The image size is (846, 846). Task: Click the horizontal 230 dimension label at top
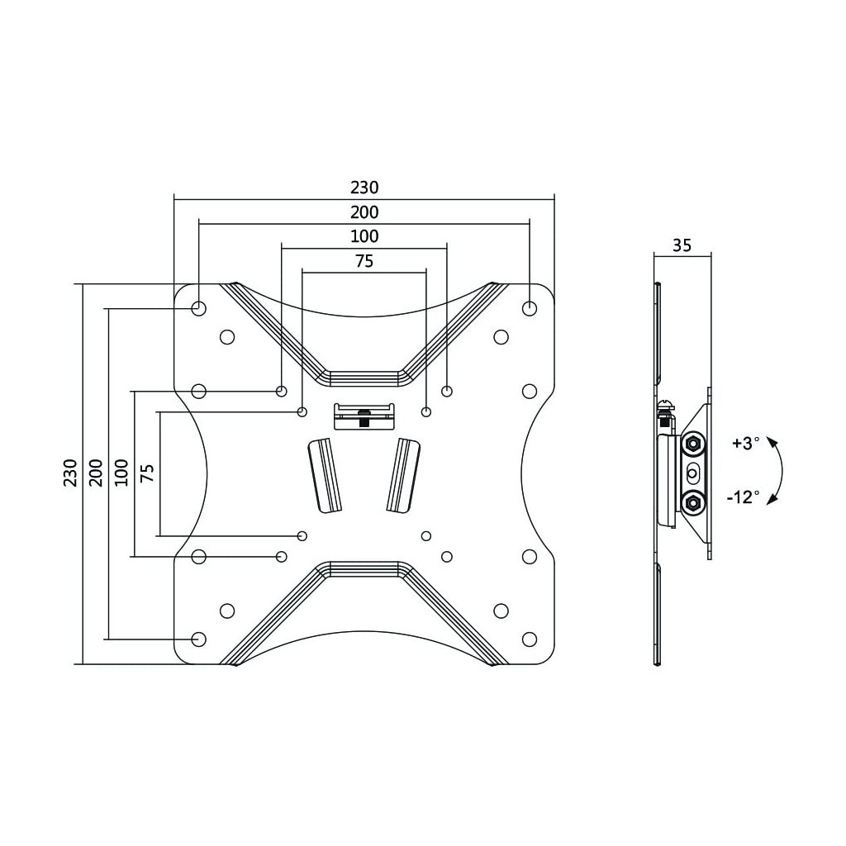[364, 188]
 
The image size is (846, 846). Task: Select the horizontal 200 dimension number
[364, 212]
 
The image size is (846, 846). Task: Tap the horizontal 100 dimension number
[364, 236]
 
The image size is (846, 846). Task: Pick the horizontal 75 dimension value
[364, 261]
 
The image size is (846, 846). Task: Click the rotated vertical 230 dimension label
[71, 473]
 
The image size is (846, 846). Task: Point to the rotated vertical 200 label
[96, 473]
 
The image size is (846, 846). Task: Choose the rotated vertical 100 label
[122, 473]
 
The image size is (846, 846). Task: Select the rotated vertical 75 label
[147, 473]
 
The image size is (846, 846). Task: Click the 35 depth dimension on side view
[682, 245]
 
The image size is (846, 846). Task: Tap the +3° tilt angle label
[746, 444]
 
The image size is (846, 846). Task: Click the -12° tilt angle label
[744, 497]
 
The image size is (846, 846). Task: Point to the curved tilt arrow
[782, 471]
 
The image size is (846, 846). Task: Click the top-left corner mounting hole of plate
[198, 309]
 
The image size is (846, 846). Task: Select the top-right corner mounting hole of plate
[530, 309]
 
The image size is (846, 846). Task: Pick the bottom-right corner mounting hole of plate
[530, 639]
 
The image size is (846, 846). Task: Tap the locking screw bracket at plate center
[364, 416]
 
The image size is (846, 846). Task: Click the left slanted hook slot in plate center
[325, 475]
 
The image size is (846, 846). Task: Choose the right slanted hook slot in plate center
[403, 475]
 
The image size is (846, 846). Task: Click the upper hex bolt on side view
[692, 444]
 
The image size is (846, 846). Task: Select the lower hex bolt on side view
[692, 504]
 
